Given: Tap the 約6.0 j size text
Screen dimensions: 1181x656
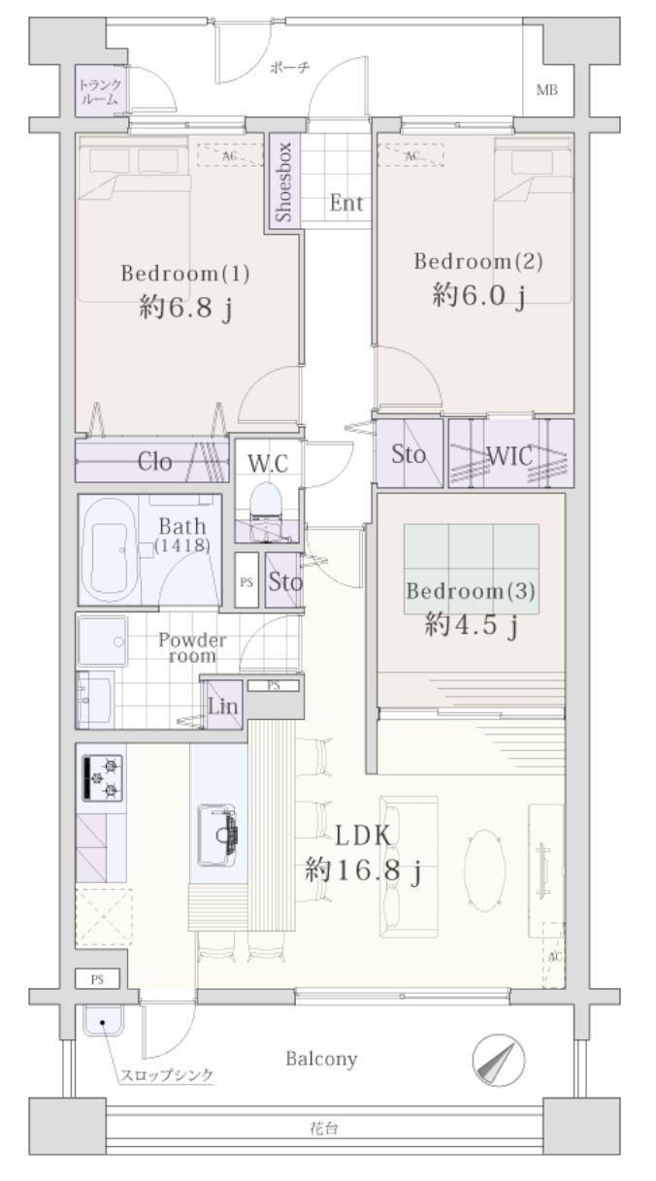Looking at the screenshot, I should click(478, 296).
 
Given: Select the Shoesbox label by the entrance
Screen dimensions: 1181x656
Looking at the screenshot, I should click(283, 180).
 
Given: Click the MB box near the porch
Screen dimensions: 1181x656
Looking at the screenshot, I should click(547, 91).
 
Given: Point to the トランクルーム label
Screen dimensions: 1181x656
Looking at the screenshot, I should click(99, 90).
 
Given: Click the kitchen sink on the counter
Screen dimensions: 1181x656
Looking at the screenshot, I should click(221, 834).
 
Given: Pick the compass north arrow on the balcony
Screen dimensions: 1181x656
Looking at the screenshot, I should click(498, 1061).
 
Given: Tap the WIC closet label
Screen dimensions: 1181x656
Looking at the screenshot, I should click(510, 454).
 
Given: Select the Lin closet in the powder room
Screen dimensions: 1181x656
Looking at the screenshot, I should click(222, 705).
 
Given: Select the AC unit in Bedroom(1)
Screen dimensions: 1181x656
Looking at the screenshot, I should click(229, 154).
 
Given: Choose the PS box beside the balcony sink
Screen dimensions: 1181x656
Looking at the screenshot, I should click(97, 980).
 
